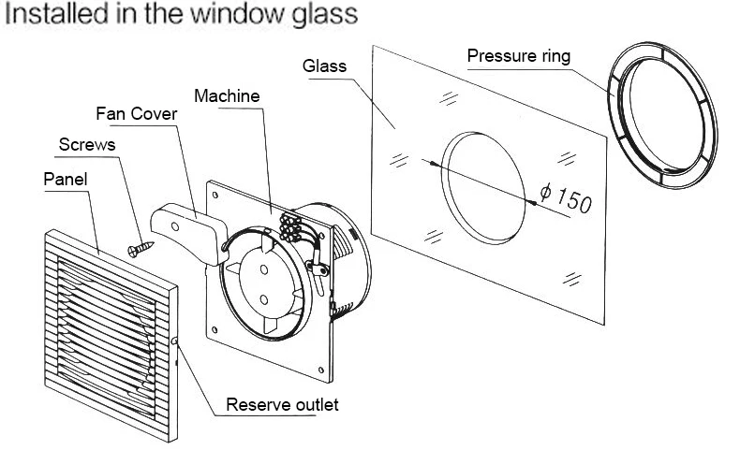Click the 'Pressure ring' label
518,56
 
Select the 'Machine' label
226,95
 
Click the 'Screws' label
86,145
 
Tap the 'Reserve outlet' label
283,405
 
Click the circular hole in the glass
481,187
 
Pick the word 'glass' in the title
318,14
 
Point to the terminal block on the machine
290,228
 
